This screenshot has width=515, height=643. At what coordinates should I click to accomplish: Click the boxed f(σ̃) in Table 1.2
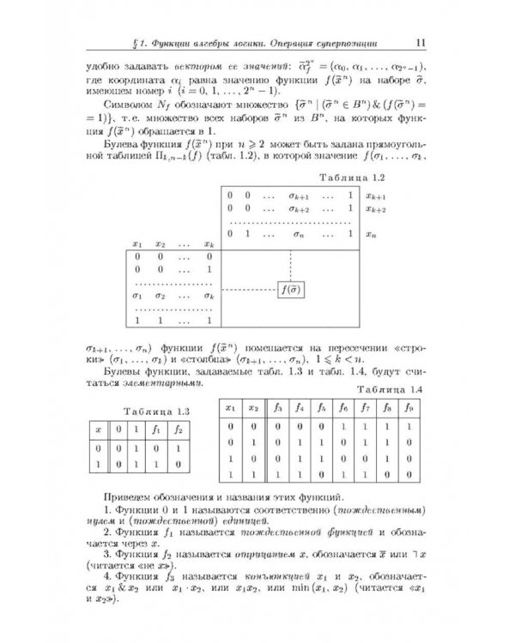(290, 289)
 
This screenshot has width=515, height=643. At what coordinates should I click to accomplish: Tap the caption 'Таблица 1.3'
(147, 411)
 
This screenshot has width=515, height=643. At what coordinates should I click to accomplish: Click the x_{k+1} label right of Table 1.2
(375, 195)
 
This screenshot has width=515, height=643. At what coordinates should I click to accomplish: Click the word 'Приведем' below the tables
(127, 496)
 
